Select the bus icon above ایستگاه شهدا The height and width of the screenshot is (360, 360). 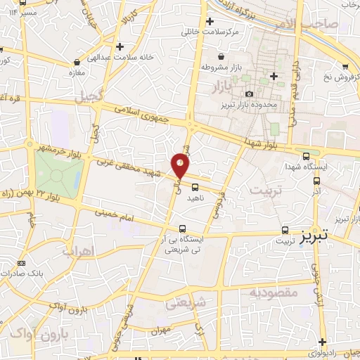[x=305, y=156]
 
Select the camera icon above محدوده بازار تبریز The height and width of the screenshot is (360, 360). [x=249, y=94]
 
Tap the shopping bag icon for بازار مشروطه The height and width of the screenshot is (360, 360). [x=221, y=56]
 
